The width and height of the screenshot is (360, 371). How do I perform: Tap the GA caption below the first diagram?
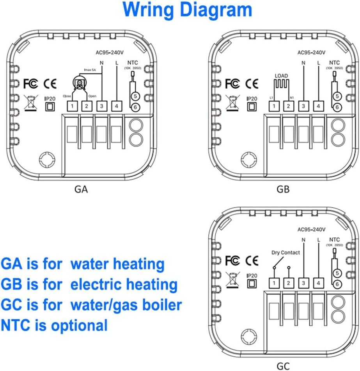81,190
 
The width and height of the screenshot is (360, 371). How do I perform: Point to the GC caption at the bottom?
283,366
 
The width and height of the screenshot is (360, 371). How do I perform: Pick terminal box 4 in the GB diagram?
319,106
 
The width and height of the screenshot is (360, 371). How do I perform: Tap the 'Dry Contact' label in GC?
286,253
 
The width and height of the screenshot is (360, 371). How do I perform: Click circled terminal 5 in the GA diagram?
135,96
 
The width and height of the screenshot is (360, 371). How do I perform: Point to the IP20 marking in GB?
252,99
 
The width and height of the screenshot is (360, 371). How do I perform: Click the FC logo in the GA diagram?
30,83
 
